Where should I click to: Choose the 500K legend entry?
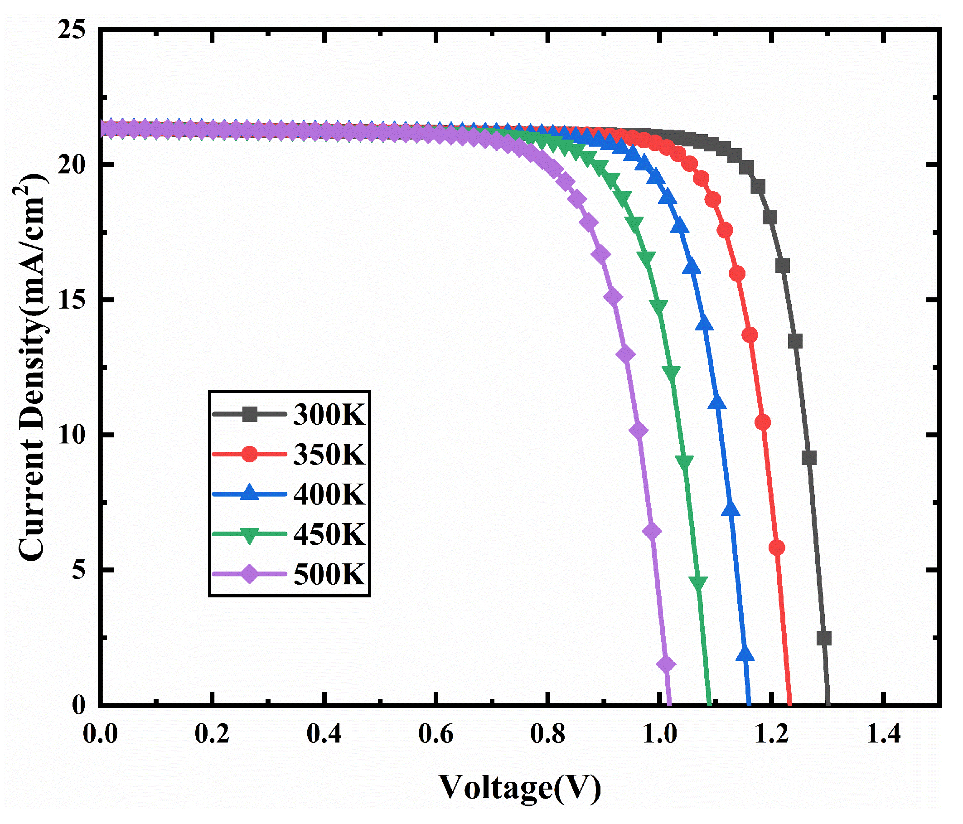coord(329,574)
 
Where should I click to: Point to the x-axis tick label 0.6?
coord(436,735)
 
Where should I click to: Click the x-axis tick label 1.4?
coord(883,735)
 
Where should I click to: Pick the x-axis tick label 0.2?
coord(212,735)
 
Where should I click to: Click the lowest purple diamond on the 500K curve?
coord(666,664)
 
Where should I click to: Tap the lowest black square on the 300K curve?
coord(823,638)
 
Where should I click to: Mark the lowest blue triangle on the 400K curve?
coord(745,655)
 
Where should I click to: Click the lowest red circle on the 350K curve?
coord(777,548)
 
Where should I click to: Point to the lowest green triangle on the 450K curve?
coord(698,583)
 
